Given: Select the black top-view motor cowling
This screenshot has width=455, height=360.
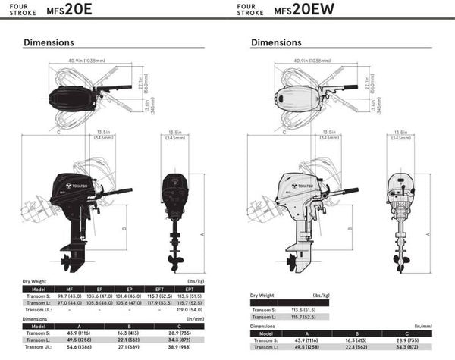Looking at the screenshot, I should coord(68,98).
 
